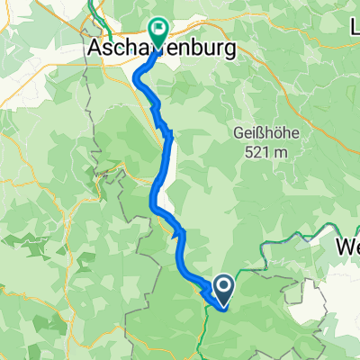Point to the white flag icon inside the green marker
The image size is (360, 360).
click(159, 29)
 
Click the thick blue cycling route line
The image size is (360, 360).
click(159, 180)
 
